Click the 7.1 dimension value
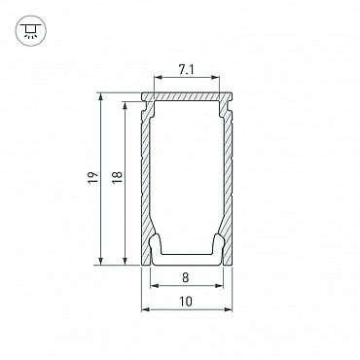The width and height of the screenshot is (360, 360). (x=186, y=69)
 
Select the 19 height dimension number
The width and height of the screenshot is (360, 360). (x=92, y=178)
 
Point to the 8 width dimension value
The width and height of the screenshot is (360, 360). (x=186, y=278)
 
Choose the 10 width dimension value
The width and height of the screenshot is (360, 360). (x=186, y=302)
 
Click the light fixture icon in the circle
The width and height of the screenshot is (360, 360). (x=31, y=30)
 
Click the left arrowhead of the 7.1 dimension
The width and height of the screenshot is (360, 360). (x=158, y=77)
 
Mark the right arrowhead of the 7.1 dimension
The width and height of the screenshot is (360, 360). (x=216, y=77)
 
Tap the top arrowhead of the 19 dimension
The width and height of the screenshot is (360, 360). (x=101, y=97)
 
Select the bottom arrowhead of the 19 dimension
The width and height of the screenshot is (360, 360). (x=101, y=261)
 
